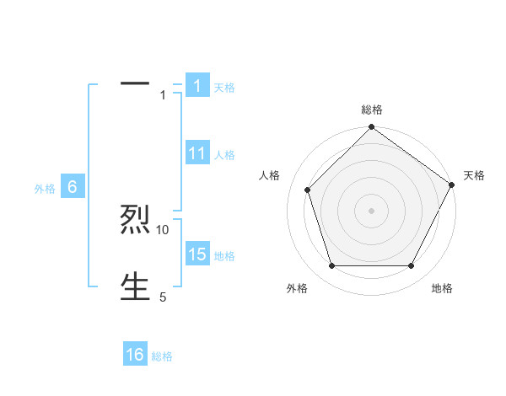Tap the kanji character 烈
point(135,220)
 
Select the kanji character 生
point(135,286)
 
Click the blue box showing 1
point(196,85)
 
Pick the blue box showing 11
point(196,153)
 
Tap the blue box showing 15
point(196,254)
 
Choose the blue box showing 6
point(73,187)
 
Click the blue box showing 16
point(135,355)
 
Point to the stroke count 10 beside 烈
point(163,229)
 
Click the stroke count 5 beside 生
point(163,297)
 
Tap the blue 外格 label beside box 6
point(45,189)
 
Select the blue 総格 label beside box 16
point(162,356)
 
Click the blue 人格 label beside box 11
point(224,155)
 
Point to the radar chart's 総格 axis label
point(371,110)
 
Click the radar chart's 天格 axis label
point(474,175)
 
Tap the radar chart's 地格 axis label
point(442,288)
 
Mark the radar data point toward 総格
point(371,128)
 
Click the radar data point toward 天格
point(452,184)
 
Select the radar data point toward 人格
point(307,190)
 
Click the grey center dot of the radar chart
point(371,210)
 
